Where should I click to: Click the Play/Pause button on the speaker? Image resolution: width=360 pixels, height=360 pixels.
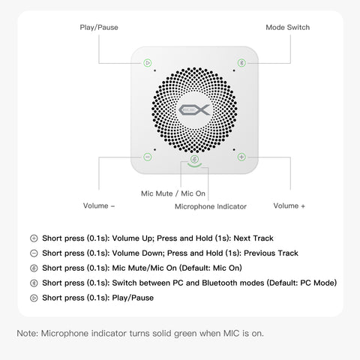(148, 63)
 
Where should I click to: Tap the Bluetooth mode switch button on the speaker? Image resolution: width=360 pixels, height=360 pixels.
(241, 63)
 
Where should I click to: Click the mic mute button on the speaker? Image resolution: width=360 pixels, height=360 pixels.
(194, 159)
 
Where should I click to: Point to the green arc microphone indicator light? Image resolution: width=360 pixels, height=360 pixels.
(194, 165)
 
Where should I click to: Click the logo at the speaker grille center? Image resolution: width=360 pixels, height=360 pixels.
(194, 110)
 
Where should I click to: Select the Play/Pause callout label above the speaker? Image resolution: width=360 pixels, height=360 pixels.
(99, 27)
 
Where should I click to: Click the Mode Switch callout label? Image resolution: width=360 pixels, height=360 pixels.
(288, 27)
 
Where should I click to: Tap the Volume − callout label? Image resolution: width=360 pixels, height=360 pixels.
(99, 205)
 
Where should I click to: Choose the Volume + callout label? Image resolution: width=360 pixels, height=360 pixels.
(289, 205)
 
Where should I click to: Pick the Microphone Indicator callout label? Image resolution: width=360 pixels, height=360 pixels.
(211, 206)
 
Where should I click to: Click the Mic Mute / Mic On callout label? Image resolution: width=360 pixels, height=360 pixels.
(173, 193)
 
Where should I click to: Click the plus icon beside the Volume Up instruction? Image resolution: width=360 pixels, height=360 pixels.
(34, 238)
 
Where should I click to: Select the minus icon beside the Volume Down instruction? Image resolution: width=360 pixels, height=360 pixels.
(34, 253)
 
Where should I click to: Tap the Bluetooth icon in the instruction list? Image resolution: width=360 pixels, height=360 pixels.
(34, 283)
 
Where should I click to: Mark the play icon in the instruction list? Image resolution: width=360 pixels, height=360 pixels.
(34, 298)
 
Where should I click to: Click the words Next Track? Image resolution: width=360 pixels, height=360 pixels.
(253, 238)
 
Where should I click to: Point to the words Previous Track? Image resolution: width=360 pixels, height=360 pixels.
(271, 253)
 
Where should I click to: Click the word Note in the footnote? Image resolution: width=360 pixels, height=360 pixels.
(27, 333)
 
